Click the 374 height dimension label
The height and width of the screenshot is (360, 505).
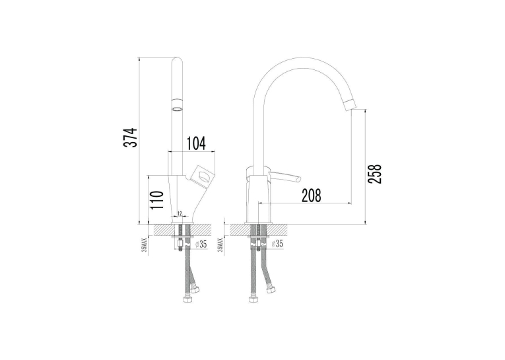coord(131,137)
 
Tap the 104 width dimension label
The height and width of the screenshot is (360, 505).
coord(196,143)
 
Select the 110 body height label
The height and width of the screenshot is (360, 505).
coord(158,199)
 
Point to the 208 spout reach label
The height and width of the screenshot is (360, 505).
coord(312,196)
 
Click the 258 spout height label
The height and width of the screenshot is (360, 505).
coord(374,174)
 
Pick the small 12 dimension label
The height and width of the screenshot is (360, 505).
coord(180,213)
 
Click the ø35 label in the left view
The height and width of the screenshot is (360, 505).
coord(201,244)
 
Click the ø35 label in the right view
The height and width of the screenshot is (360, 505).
coord(277,244)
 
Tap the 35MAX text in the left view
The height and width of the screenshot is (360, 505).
coord(145,245)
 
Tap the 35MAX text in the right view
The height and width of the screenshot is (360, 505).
coord(220,245)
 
